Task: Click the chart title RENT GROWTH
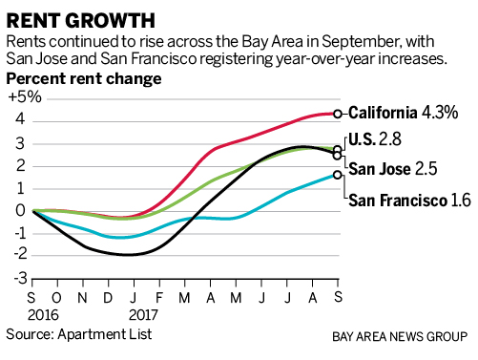click(81, 21)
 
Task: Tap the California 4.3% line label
click(403, 113)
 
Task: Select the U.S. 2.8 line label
click(375, 139)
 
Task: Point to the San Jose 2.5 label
click(393, 168)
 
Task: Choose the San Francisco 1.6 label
click(409, 201)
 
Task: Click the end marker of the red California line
click(338, 114)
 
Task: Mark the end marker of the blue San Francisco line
click(338, 175)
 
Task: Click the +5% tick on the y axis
click(25, 96)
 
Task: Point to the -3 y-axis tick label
click(21, 279)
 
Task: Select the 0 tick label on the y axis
click(20, 210)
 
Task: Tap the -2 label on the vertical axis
click(20, 254)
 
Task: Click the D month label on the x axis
click(108, 298)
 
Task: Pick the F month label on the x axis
click(159, 298)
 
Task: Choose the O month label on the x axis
click(56, 298)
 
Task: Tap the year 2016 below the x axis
click(43, 315)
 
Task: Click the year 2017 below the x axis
click(143, 315)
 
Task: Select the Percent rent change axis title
click(84, 79)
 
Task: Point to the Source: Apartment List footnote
click(79, 334)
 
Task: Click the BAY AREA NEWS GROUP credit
click(400, 337)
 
